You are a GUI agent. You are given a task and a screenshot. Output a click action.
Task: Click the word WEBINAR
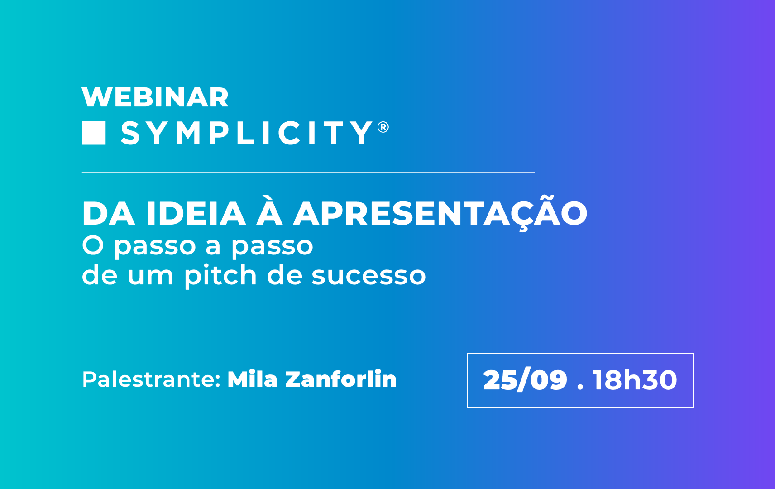tap(155, 97)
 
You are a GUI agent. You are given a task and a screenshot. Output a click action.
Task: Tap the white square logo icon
tap(94, 133)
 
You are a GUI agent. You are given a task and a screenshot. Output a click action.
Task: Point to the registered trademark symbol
tap(383, 127)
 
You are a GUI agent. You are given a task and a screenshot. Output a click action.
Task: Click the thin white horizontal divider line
tap(308, 173)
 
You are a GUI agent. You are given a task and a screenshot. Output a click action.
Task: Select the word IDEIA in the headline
tap(196, 214)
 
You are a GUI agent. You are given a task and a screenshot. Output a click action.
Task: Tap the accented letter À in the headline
tap(269, 211)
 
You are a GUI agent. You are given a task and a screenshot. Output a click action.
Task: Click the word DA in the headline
tap(108, 214)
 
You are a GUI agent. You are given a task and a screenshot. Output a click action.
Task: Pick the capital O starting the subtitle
tap(93, 245)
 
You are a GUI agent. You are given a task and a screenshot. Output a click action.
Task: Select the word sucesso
tap(369, 277)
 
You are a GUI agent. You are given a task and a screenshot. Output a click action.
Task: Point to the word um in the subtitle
tap(150, 277)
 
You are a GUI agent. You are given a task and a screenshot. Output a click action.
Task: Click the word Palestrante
tap(151, 379)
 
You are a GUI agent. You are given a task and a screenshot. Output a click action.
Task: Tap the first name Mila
tap(253, 379)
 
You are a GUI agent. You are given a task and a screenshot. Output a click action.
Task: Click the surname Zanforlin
tap(341, 379)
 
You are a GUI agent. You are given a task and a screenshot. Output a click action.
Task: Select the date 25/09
tap(525, 380)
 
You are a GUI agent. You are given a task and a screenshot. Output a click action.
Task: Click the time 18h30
tap(635, 380)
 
